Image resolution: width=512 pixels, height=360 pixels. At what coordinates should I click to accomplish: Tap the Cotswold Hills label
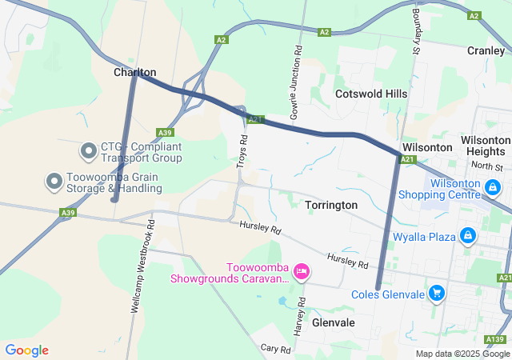371,94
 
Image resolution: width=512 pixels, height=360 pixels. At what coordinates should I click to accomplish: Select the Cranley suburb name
486,50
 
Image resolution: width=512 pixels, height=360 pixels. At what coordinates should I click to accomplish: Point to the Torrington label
331,205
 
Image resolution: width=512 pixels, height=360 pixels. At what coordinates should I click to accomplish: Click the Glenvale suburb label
334,322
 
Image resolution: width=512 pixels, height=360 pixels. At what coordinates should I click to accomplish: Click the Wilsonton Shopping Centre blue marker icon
493,188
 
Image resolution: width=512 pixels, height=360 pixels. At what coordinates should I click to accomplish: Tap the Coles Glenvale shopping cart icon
436,294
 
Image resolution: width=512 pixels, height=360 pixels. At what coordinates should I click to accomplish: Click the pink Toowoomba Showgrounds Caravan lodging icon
301,272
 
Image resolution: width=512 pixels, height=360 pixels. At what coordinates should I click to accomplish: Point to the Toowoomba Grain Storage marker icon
54,182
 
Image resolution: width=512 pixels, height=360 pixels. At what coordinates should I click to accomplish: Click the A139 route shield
495,342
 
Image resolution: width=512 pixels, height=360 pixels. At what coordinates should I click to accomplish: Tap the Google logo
26,350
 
